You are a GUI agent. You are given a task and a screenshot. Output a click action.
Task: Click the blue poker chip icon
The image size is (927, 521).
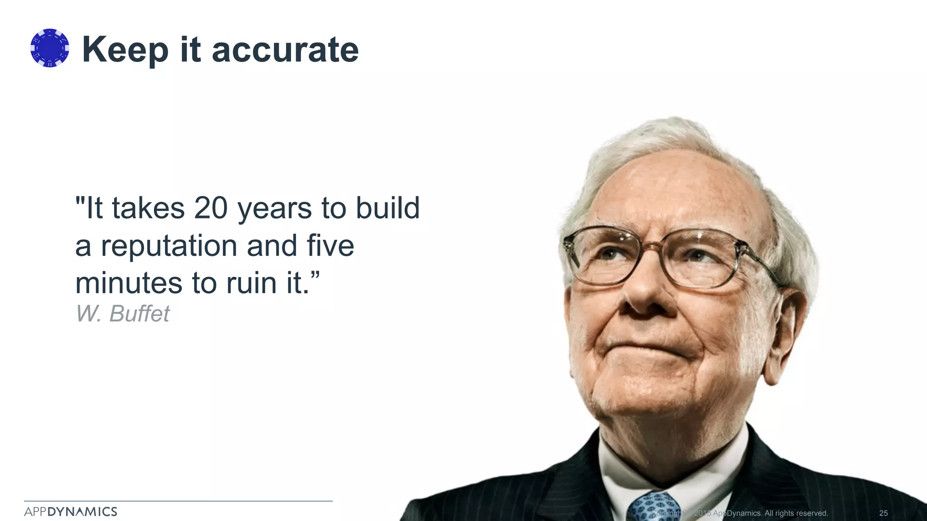(50, 48)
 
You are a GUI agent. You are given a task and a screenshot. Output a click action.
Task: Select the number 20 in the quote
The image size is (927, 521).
(210, 208)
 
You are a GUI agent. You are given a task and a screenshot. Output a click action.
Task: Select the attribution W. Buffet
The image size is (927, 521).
(123, 313)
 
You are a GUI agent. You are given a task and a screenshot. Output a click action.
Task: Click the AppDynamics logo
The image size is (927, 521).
(71, 512)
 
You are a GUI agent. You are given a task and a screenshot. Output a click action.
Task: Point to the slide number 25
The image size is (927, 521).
(883, 513)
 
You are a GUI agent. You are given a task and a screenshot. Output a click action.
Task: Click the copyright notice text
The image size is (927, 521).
(742, 513)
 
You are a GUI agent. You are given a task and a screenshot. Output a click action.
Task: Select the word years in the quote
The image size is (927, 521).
(275, 209)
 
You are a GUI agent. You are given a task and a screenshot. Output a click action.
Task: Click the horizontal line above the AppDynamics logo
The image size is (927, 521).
(178, 501)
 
